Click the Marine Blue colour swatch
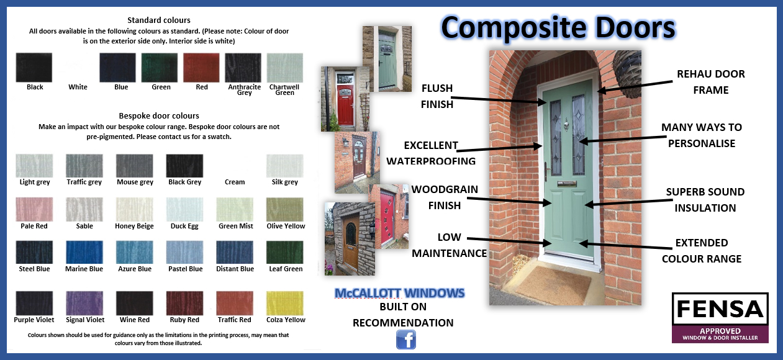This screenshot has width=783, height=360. click(x=84, y=252)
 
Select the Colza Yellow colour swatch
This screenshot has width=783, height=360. click(x=285, y=304)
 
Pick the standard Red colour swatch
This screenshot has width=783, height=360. click(x=201, y=68)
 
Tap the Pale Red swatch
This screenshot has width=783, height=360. click(x=34, y=209)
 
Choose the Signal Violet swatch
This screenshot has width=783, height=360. click(x=84, y=304)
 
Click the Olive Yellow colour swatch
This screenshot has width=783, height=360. click(x=285, y=209)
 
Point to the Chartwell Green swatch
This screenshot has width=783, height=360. click(x=285, y=68)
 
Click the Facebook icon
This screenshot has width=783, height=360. click(x=406, y=340)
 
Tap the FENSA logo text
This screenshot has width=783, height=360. click(x=720, y=309)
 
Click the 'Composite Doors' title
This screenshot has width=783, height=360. click(x=558, y=27)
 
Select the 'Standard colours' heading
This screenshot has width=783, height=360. click(x=159, y=20)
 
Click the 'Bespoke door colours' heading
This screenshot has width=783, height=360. click(x=159, y=115)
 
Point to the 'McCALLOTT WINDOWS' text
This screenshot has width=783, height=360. click(x=399, y=293)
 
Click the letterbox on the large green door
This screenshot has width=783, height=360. click(x=567, y=184)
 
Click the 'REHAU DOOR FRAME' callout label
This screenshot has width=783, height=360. click(x=711, y=82)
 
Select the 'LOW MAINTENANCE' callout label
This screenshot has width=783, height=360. click(x=449, y=245)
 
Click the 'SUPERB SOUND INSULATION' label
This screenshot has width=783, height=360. click(x=705, y=200)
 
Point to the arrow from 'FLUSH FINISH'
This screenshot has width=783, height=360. click(x=499, y=100)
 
